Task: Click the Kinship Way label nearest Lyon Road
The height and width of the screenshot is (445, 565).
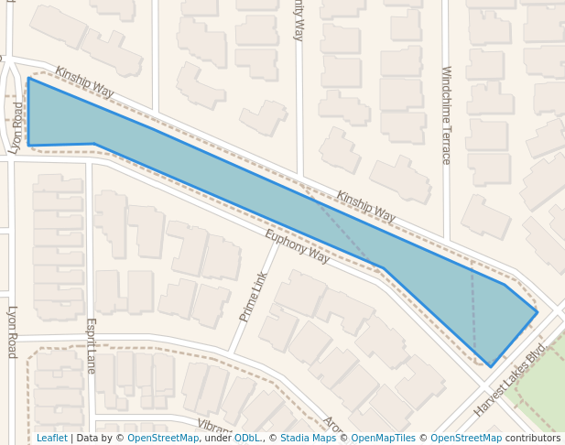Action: tap(84, 82)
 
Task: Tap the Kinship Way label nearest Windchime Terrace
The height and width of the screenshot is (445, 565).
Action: tap(365, 206)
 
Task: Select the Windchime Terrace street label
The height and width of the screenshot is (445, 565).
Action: tap(446, 114)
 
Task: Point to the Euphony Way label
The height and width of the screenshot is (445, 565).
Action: tap(297, 246)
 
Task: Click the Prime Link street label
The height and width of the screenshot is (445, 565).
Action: tap(254, 297)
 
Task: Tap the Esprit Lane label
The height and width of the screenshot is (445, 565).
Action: tap(91, 345)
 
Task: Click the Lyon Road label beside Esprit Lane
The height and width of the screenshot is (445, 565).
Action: tap(12, 331)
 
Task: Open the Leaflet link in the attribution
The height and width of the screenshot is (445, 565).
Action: tap(51, 439)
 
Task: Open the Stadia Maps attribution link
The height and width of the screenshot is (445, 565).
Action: tap(308, 439)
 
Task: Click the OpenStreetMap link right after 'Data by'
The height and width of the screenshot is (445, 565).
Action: tap(163, 439)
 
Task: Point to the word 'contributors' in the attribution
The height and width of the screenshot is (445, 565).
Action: tap(533, 439)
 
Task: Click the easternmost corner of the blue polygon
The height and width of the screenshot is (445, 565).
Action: tap(537, 312)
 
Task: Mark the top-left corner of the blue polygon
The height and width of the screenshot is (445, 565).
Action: tap(28, 79)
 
